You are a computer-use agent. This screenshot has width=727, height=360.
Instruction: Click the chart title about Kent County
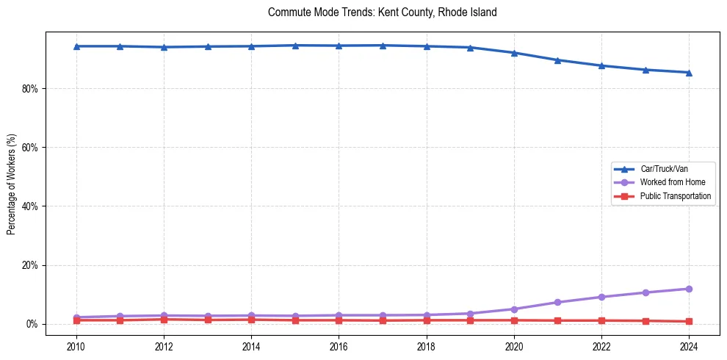[x=383, y=12]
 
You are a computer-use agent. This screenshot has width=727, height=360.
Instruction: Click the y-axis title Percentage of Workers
[x=12, y=184]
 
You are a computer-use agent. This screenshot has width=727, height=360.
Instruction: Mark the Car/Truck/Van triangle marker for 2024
[x=689, y=73]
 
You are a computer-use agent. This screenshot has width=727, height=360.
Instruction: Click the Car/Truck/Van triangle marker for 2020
[x=514, y=53]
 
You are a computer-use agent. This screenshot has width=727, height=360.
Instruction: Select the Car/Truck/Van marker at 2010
[x=76, y=46]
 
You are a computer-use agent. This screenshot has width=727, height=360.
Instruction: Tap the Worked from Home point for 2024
[x=689, y=289]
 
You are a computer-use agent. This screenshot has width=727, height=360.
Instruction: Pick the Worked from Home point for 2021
[x=557, y=302]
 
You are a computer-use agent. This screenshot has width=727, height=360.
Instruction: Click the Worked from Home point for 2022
[x=601, y=297]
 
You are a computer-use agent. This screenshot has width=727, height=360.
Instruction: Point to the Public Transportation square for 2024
[x=689, y=321]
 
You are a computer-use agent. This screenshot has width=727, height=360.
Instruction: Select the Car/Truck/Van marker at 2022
[x=601, y=65]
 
